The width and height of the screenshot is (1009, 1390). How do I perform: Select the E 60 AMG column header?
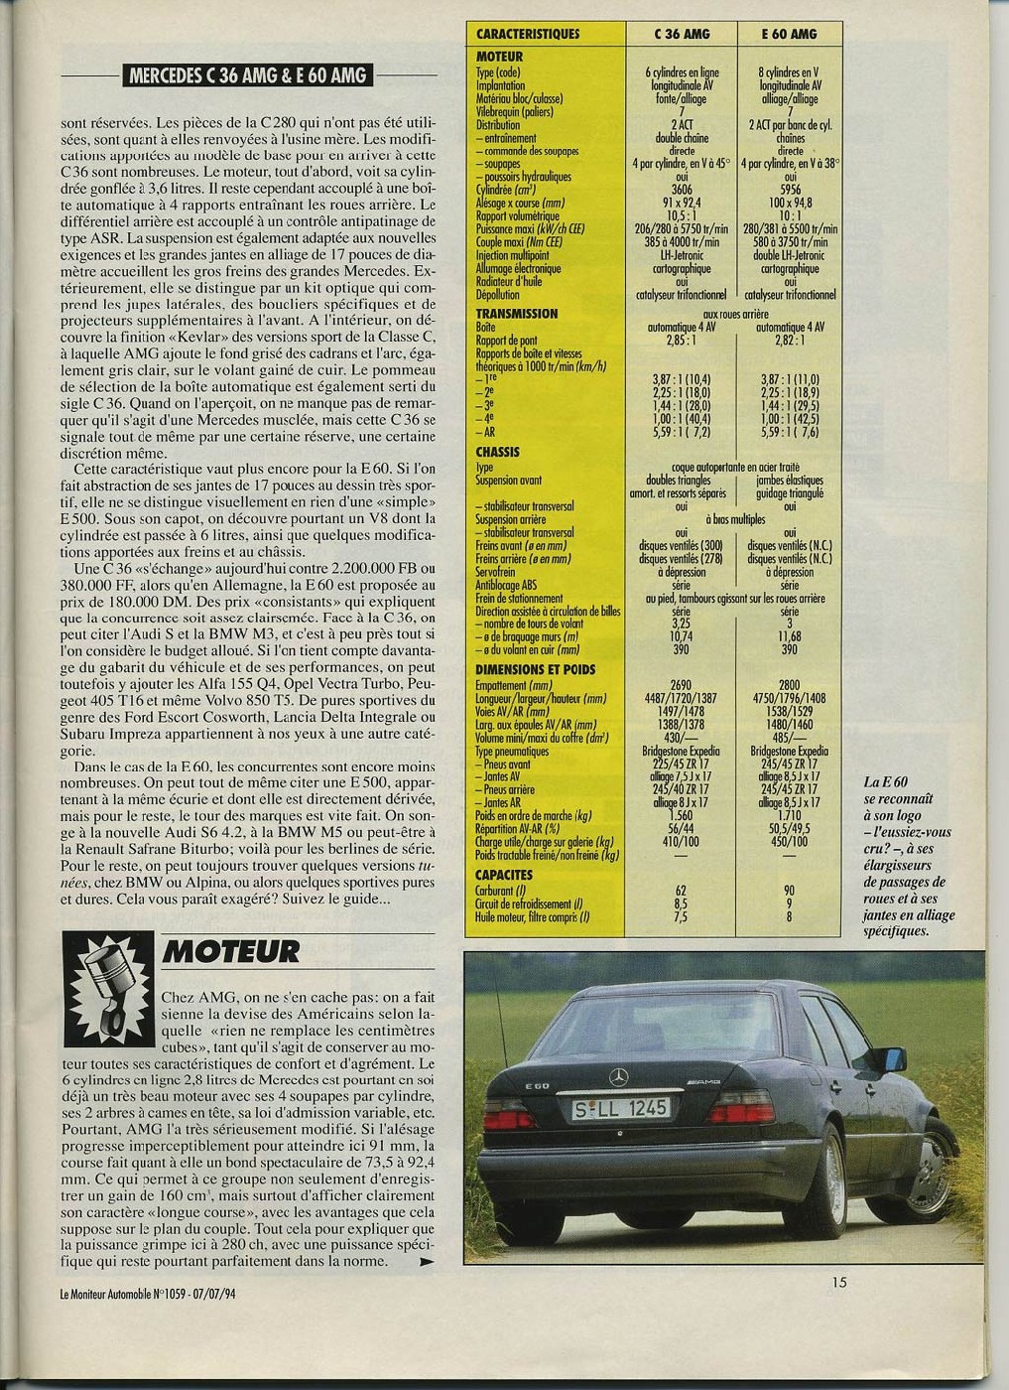click(789, 34)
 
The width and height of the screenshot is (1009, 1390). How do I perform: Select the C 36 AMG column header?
click(682, 34)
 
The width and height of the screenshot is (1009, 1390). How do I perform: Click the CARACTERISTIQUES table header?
click(528, 34)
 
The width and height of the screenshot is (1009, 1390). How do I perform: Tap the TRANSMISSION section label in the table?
click(517, 314)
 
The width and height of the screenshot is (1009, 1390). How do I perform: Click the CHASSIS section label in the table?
click(499, 451)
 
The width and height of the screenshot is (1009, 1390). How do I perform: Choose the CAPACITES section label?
click(504, 875)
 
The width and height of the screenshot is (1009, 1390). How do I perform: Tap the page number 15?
click(839, 1282)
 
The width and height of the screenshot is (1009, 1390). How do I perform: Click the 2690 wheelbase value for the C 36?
click(682, 684)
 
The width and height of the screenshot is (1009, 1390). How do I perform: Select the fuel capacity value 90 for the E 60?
click(790, 891)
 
